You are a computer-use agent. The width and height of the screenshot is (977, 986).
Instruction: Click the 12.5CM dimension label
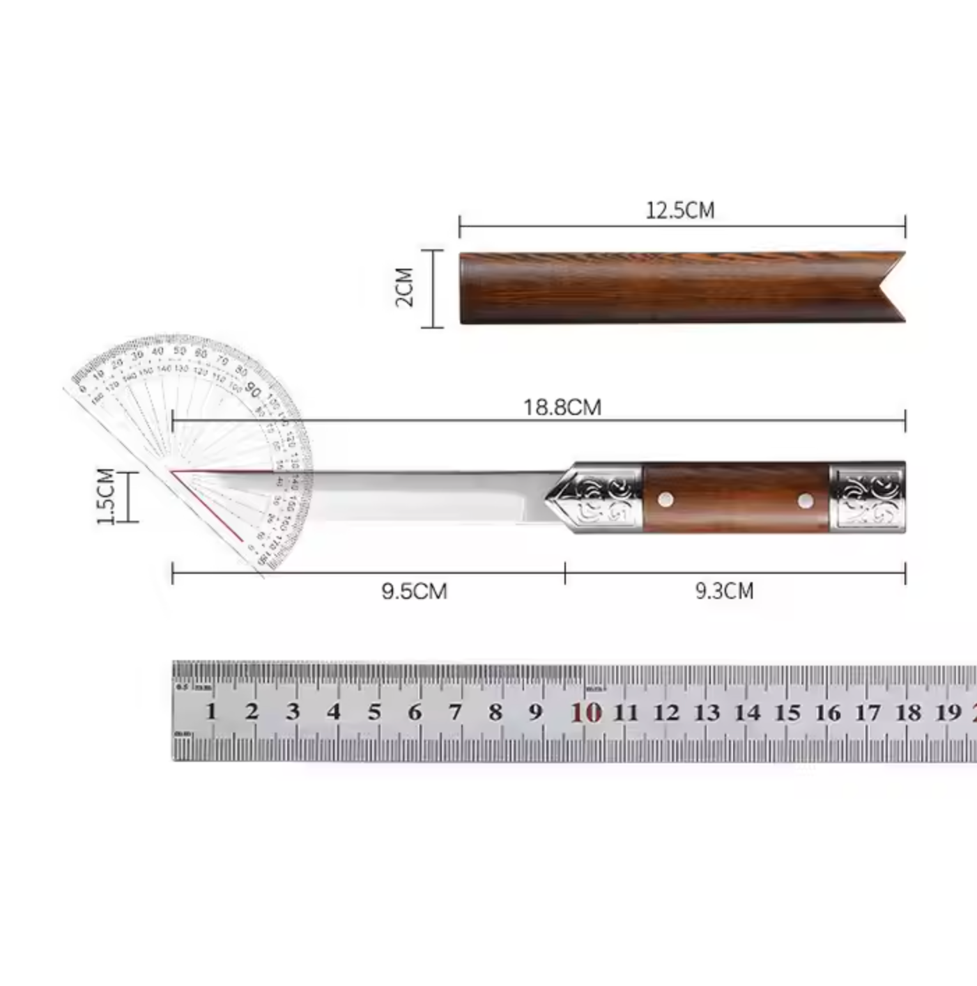(x=679, y=210)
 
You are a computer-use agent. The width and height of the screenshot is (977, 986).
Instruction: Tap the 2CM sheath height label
(x=405, y=287)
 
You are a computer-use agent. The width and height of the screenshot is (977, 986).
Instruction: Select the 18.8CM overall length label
(x=562, y=407)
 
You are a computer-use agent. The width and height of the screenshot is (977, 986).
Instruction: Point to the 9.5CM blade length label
(x=414, y=591)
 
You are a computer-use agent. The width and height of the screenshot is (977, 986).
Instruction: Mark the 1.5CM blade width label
(x=105, y=496)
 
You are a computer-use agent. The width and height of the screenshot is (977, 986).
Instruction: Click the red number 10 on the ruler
(x=585, y=712)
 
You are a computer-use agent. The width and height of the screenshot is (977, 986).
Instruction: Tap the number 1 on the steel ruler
(x=211, y=712)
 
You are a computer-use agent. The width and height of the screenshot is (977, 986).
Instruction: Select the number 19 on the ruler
(x=948, y=712)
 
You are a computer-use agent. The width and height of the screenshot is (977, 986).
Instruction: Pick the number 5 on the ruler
(x=374, y=712)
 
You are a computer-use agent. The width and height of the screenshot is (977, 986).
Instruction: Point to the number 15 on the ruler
(x=787, y=712)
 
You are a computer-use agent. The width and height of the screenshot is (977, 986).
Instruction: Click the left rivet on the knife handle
(x=666, y=499)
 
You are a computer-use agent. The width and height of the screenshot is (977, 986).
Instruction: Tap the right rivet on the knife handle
(x=806, y=499)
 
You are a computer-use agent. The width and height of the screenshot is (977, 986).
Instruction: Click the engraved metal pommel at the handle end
(x=868, y=497)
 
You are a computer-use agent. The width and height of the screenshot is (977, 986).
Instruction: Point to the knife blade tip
(x=174, y=471)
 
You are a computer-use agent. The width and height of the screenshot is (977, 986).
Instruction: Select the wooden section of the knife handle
(x=735, y=497)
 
